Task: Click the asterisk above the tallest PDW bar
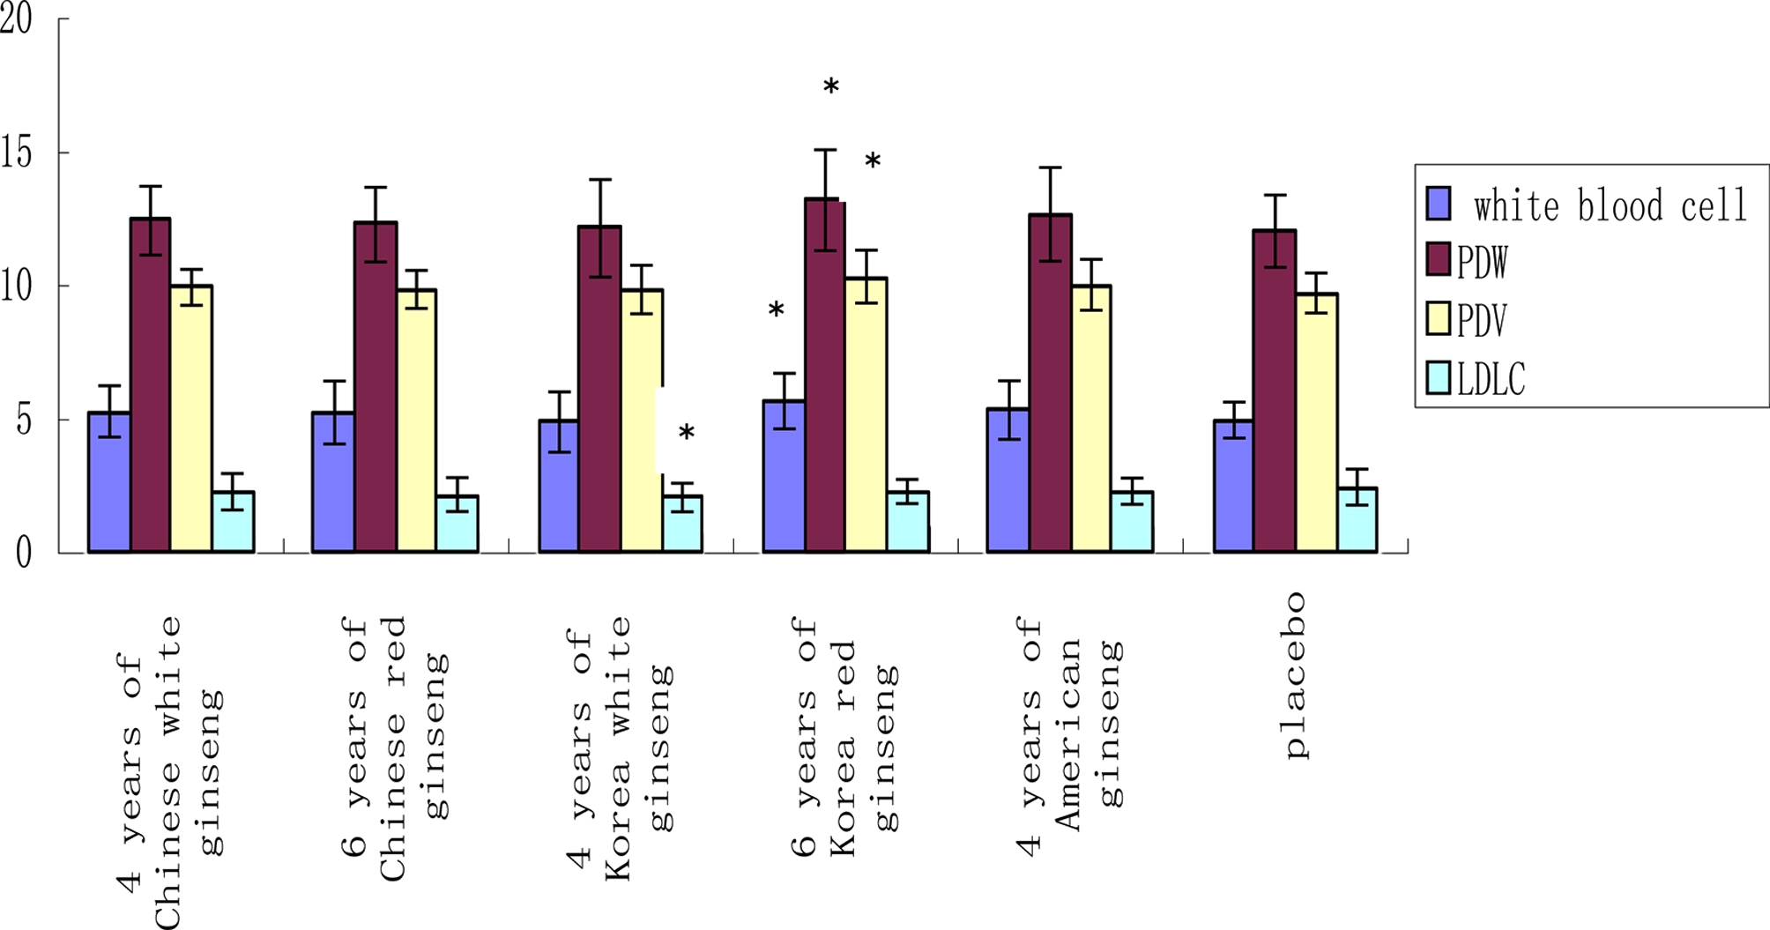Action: tap(830, 86)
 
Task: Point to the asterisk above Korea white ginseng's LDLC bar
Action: tap(686, 433)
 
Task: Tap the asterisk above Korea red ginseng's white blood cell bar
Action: tap(776, 310)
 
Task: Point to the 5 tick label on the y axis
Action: tap(23, 420)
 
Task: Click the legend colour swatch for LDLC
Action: tap(1438, 378)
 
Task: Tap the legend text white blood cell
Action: tap(1609, 206)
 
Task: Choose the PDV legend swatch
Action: tap(1438, 319)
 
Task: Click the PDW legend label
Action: tap(1482, 262)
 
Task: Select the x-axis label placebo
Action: tap(1294, 675)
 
